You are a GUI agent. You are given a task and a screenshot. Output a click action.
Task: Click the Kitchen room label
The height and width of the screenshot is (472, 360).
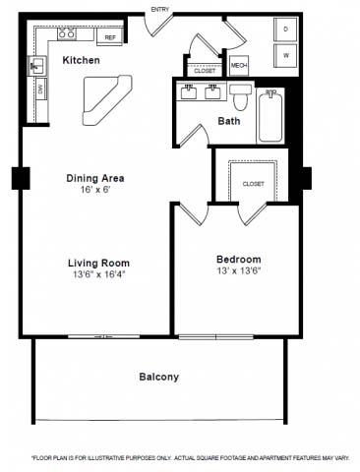(x=80, y=61)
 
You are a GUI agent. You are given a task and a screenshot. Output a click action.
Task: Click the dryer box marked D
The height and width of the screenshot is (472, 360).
(x=285, y=29)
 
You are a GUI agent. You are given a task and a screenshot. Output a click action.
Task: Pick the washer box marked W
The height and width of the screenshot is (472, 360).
(x=285, y=55)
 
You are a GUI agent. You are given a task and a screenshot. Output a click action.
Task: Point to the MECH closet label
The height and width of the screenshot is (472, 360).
(x=238, y=66)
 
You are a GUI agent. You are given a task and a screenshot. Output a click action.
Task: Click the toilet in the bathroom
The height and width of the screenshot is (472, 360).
(x=240, y=97)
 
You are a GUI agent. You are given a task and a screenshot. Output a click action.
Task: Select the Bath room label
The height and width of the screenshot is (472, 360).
(x=229, y=121)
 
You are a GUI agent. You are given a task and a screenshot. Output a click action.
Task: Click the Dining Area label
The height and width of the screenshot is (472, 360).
(x=95, y=178)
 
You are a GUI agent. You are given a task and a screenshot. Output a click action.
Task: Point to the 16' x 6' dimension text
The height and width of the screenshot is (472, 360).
(x=95, y=190)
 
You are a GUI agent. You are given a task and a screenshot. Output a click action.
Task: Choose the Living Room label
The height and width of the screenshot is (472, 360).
(x=98, y=263)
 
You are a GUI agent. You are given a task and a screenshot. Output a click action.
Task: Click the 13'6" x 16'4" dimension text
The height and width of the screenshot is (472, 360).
(x=98, y=275)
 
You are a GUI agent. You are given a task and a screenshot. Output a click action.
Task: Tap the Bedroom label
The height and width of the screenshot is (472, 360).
(x=239, y=260)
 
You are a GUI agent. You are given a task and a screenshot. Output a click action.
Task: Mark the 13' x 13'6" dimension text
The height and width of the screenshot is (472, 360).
(x=239, y=271)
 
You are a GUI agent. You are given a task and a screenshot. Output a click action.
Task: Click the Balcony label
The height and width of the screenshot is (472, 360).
(x=158, y=377)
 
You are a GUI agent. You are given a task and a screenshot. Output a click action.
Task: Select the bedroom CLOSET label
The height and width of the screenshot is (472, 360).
(x=253, y=183)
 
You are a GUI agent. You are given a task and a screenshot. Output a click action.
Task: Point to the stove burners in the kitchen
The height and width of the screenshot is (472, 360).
(x=67, y=34)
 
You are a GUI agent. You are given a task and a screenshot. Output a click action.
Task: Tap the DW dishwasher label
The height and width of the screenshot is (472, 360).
(x=40, y=89)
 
